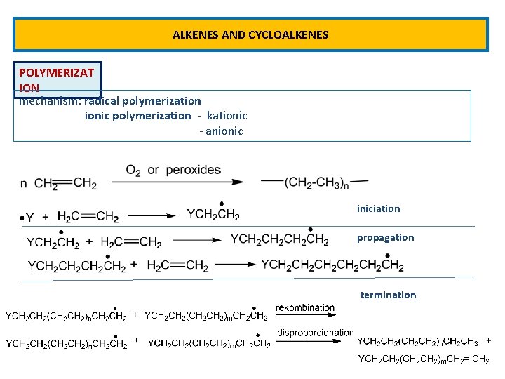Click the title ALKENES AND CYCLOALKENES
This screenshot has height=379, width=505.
250,34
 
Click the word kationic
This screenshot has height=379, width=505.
227,115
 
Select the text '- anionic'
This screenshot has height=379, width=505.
221,131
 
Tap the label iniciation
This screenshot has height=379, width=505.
378,208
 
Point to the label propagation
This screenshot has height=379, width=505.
385,237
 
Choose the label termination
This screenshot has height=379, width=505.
388,295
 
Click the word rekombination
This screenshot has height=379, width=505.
305,307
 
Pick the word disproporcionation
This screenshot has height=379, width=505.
316,332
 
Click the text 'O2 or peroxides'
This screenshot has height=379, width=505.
173,171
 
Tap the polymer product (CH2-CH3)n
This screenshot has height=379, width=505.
314,182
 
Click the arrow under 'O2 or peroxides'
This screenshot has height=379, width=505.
178,182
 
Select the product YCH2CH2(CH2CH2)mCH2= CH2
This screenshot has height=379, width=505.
424,359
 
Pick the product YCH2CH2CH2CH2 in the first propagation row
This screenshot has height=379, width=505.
279,240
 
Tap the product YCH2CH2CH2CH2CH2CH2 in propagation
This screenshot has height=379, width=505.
332,265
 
